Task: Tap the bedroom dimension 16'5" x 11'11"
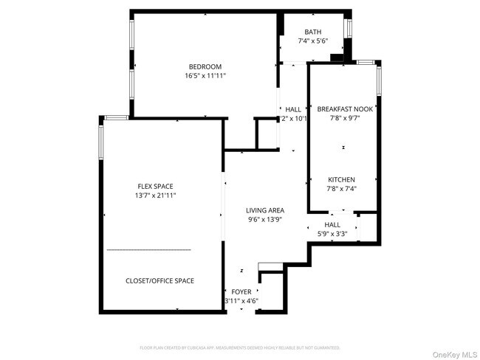tap(205, 76)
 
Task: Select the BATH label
tap(313, 32)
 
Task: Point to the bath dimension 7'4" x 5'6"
tap(313, 41)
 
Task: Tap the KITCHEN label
tap(342, 180)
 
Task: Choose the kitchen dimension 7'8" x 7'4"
tap(342, 189)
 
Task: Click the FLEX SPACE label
tap(155, 187)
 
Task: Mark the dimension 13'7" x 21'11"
tap(156, 195)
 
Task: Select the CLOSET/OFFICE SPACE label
tap(160, 281)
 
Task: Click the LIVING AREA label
tap(265, 210)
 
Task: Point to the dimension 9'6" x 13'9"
tap(265, 219)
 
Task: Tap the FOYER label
tap(241, 292)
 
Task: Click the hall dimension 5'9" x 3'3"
tap(332, 234)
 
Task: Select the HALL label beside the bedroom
tap(293, 109)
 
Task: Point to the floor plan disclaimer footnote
tap(240, 347)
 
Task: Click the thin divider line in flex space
tap(148, 250)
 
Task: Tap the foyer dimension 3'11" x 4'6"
tap(241, 301)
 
